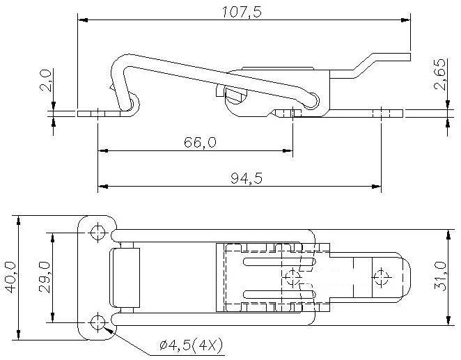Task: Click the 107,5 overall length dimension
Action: point(242,13)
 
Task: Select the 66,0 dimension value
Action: point(200,143)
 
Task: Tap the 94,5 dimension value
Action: point(247,178)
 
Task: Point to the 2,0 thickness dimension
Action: point(47,80)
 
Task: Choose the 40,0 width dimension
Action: point(10,278)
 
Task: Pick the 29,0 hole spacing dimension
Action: point(45,277)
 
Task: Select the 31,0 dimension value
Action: point(440,276)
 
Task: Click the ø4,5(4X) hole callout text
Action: point(191,346)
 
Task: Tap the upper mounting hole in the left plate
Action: point(97,233)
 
